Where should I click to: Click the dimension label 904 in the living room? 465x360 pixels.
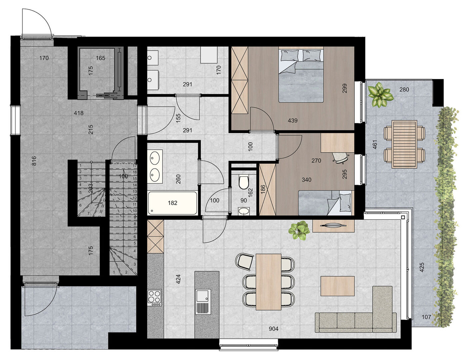(273, 329)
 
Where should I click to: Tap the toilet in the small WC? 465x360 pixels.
(244, 182)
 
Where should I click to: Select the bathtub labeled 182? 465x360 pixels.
(172, 203)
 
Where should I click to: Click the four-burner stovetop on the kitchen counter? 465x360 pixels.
(155, 298)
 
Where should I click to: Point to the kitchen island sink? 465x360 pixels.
(203, 302)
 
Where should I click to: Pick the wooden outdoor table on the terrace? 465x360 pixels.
(404, 144)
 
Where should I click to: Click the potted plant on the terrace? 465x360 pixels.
(380, 95)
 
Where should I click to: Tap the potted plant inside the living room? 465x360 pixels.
(299, 231)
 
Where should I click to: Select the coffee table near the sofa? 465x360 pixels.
(337, 286)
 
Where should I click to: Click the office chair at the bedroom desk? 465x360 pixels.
(340, 158)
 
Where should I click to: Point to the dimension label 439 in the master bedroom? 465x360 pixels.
(293, 120)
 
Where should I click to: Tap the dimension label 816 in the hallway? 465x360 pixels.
(34, 161)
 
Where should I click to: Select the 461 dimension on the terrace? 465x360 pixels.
(375, 144)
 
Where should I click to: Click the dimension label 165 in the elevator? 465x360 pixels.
(101, 58)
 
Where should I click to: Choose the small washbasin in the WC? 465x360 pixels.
(244, 211)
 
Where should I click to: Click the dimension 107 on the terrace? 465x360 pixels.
(426, 317)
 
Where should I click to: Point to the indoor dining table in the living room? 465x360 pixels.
(268, 282)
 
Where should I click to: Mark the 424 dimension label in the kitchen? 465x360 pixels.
(178, 279)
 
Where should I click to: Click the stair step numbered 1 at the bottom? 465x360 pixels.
(114, 272)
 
